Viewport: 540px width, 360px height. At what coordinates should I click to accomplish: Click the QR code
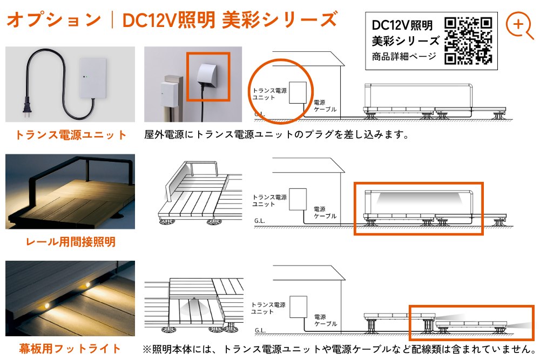click(468, 40)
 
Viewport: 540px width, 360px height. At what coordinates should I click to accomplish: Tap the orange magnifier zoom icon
click(519, 25)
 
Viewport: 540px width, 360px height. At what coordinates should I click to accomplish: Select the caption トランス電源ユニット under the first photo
click(71, 135)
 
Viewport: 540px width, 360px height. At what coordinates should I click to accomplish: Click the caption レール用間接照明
click(71, 242)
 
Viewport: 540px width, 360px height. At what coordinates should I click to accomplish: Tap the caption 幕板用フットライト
click(70, 349)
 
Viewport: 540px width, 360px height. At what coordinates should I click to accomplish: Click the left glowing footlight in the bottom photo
click(46, 305)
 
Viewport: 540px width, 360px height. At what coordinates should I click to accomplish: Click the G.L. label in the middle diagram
click(260, 221)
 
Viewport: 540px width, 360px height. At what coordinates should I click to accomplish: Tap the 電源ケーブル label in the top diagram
click(325, 106)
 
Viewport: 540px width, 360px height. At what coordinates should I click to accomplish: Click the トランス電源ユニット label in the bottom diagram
click(268, 308)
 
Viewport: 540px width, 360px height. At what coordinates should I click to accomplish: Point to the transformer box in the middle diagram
click(298, 199)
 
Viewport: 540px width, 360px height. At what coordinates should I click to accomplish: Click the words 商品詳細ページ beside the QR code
click(404, 57)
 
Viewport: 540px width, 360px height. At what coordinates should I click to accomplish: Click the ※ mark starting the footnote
click(147, 350)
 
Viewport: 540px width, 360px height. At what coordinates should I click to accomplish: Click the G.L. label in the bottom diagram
click(260, 330)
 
